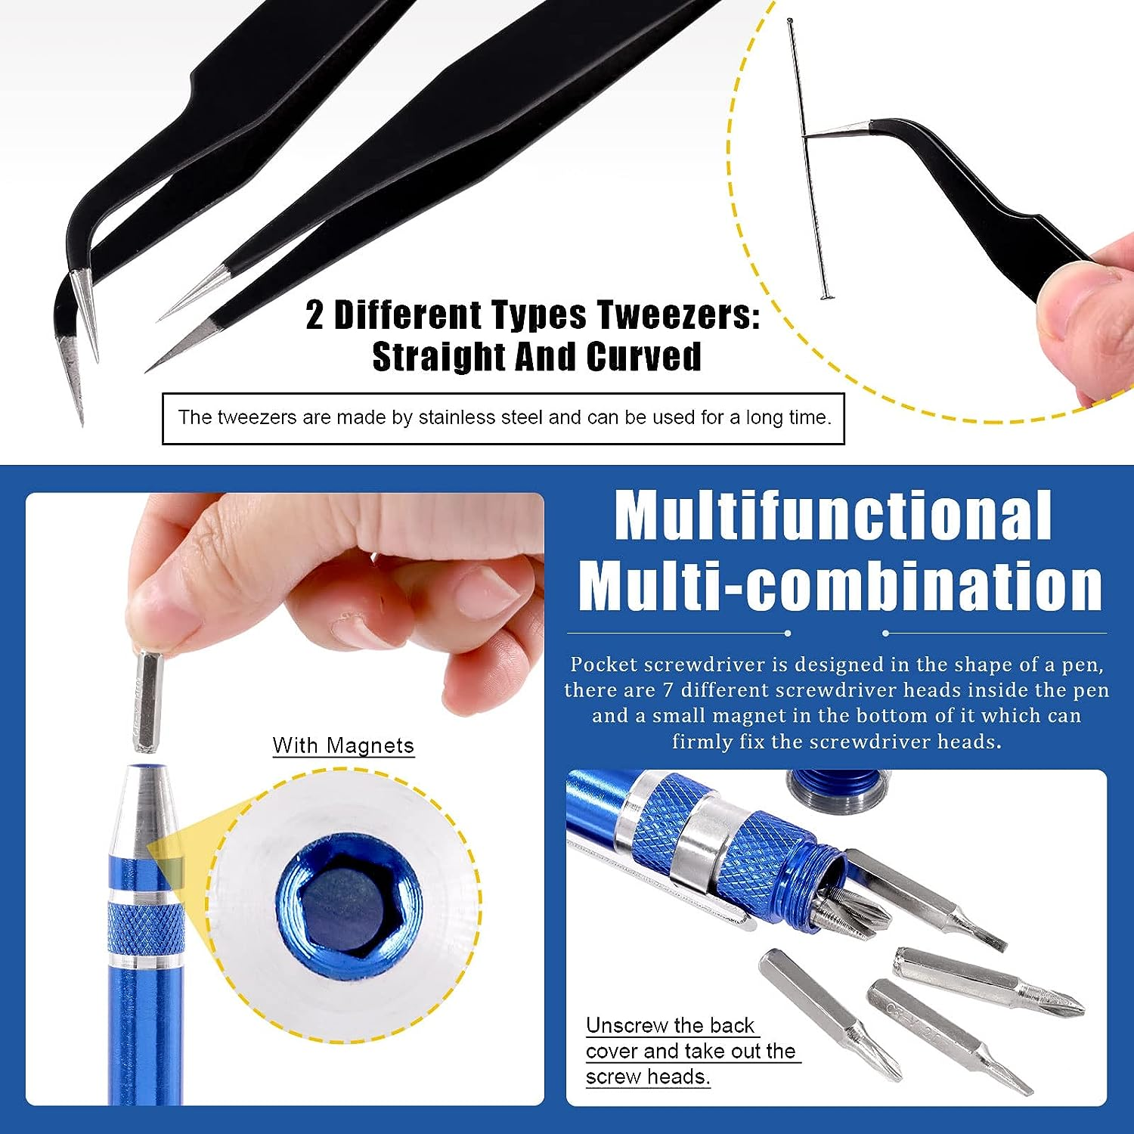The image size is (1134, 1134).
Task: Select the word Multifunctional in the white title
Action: (x=833, y=516)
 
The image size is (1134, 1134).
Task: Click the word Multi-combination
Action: (x=840, y=585)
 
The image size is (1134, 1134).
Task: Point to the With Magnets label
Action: (x=343, y=745)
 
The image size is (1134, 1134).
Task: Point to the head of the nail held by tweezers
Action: (x=825, y=296)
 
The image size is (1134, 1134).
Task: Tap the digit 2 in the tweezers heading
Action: (x=314, y=315)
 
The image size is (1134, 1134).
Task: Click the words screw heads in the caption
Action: (x=648, y=1077)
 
